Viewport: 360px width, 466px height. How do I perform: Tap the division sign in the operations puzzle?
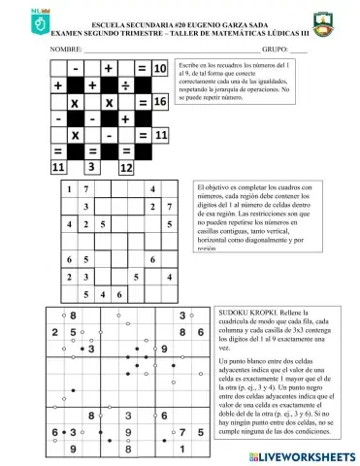pyautogui.click(x=125, y=84)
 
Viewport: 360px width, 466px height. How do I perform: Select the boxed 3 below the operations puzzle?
pyautogui.click(x=90, y=166)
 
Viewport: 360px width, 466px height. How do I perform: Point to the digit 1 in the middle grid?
pyautogui.click(x=69, y=188)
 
